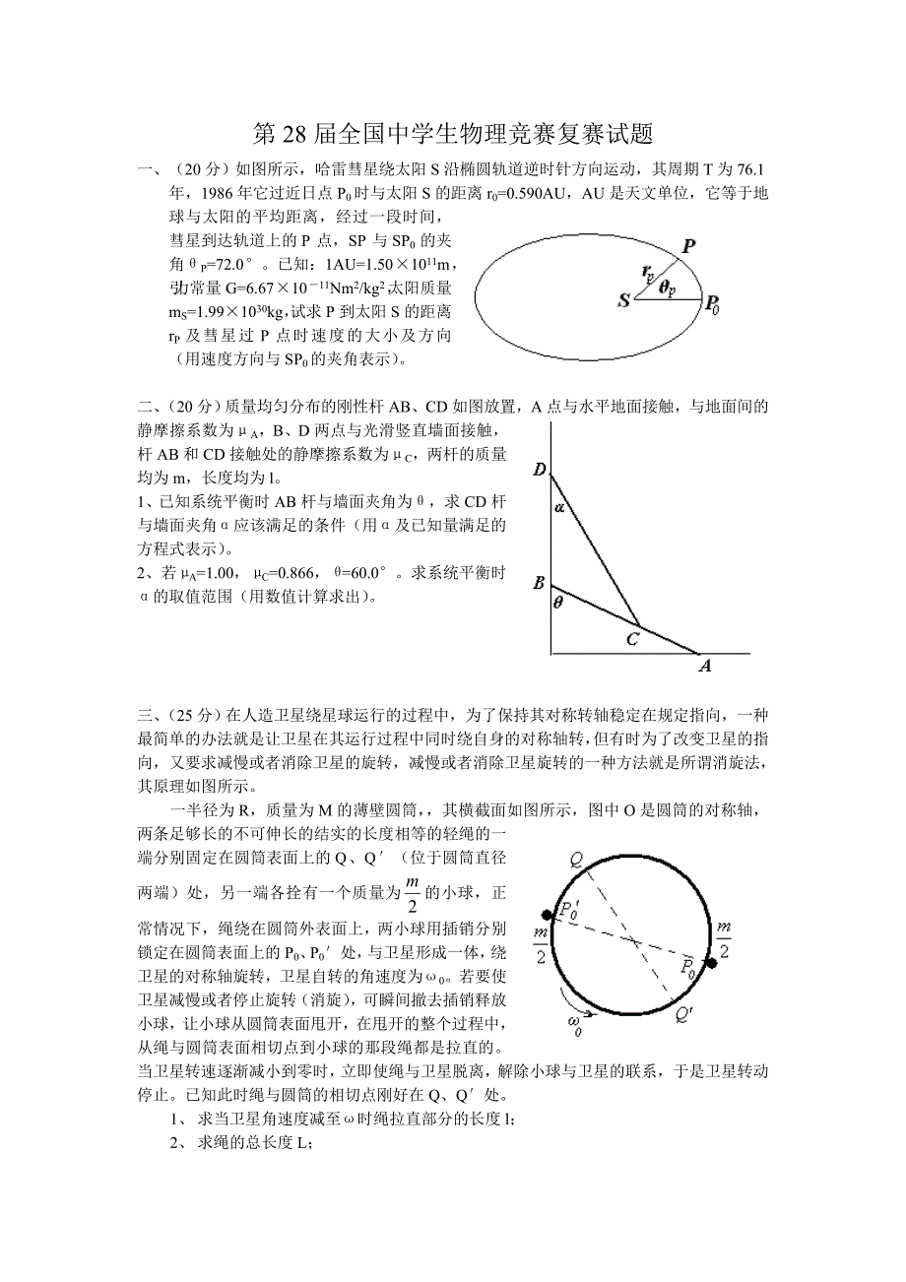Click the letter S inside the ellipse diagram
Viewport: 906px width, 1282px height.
[x=623, y=300]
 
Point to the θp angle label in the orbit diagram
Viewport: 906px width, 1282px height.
[x=668, y=286]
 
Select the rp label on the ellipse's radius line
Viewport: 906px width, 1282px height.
[x=646, y=271]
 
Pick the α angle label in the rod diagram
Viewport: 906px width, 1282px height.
[x=559, y=508]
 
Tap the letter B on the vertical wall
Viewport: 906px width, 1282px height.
[x=539, y=583]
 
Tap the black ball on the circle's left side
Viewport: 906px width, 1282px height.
[x=540, y=914]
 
